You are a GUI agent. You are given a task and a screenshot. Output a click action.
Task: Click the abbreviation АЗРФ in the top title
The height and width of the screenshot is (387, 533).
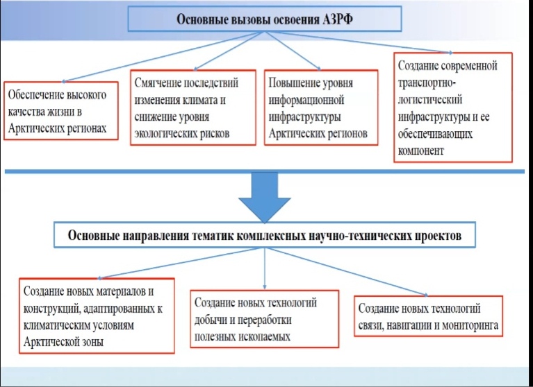(336, 19)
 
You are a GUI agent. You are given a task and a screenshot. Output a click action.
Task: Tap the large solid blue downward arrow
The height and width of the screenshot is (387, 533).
(265, 198)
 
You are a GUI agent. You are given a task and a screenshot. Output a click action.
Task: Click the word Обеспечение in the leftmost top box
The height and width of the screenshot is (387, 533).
(34, 95)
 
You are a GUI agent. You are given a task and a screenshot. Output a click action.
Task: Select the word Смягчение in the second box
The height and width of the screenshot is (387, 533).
(156, 83)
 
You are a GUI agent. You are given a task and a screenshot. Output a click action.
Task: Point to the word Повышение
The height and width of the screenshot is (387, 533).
(291, 83)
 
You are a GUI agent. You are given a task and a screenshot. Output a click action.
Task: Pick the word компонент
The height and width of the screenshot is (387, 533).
(421, 150)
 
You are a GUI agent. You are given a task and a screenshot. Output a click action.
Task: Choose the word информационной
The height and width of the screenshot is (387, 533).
(306, 101)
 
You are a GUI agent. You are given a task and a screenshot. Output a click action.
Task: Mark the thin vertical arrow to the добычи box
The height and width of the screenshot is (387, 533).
(265, 268)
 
